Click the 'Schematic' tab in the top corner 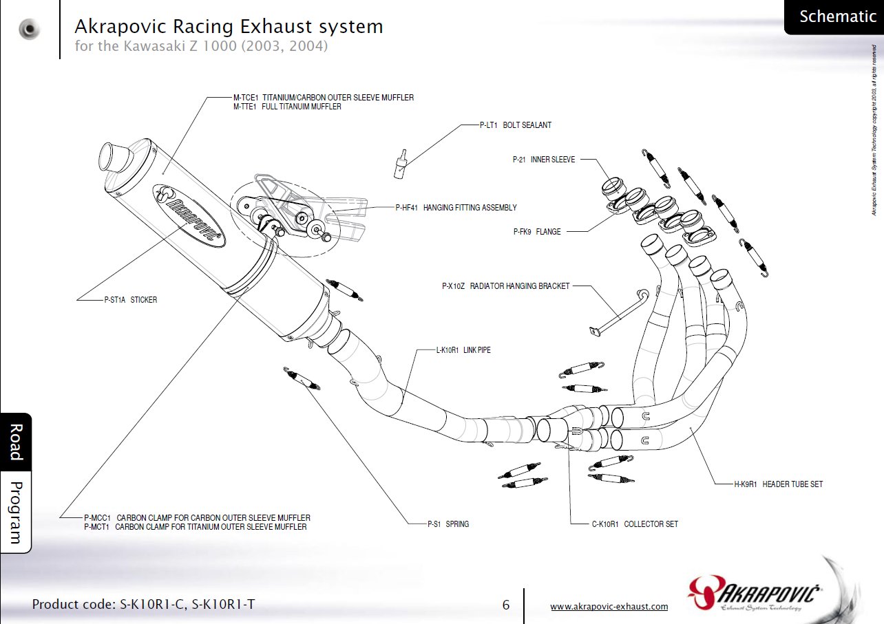coord(836,17)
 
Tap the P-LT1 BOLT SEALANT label coord(515,125)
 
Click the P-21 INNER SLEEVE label coord(543,159)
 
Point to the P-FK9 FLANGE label coord(536,232)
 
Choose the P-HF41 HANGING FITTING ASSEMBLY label coord(455,207)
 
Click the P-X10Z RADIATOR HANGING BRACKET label coord(505,286)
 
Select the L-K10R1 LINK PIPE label coord(463,350)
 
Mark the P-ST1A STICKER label coord(130,300)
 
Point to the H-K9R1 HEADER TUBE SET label coord(778,484)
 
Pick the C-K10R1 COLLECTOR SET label coord(635,524)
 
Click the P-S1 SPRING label coord(448,524)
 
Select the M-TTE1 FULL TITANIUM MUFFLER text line coord(287,107)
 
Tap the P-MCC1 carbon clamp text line coord(196,517)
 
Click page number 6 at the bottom coord(506,605)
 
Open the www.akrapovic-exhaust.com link coord(609,606)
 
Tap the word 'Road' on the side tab coord(15,442)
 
